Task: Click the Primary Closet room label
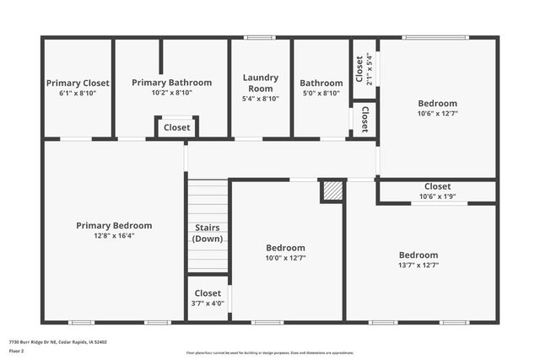(77, 83)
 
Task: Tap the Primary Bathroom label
(172, 83)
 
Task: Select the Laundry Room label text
(261, 83)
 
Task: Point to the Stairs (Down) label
(208, 233)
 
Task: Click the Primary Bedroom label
(114, 225)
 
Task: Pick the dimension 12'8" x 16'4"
(114, 236)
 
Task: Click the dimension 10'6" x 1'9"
(437, 196)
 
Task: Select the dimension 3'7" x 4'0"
(208, 304)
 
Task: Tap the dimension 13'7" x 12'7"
(418, 265)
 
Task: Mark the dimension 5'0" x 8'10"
(321, 94)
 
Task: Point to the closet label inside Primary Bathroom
(177, 128)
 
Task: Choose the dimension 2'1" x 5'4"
(369, 64)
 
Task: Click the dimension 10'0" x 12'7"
(286, 258)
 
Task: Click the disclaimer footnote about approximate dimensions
(270, 352)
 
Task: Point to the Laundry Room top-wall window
(260, 37)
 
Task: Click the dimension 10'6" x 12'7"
(437, 114)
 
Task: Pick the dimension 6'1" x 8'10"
(77, 94)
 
